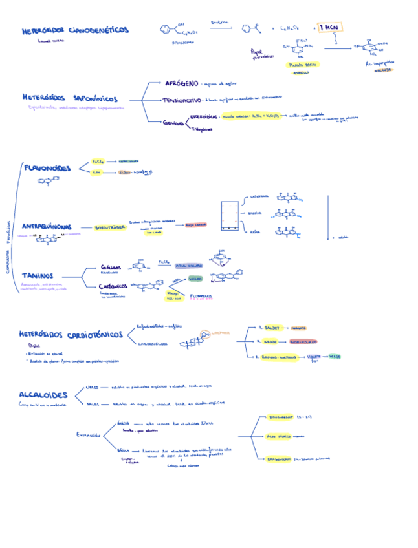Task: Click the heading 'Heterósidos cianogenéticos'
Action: (x=75, y=30)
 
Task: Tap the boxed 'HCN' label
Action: (x=330, y=28)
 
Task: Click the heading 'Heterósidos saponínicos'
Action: (x=70, y=98)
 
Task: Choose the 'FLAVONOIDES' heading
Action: (x=47, y=168)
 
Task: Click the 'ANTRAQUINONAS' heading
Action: (x=47, y=227)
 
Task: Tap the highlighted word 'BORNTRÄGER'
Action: (x=109, y=227)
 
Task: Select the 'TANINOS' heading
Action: (x=38, y=276)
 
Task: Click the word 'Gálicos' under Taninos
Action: (x=111, y=267)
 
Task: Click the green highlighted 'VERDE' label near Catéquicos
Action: (x=195, y=279)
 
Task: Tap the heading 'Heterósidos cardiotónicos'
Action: (x=71, y=335)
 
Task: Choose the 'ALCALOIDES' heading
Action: (x=43, y=394)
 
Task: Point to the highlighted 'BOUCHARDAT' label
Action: (x=280, y=417)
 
